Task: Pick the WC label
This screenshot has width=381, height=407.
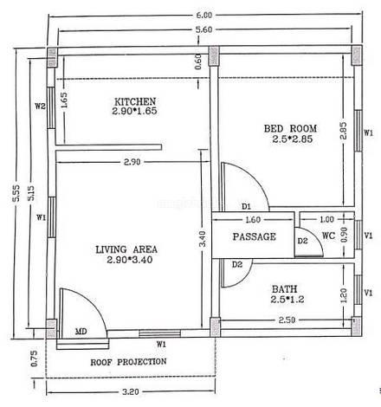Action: [328, 236]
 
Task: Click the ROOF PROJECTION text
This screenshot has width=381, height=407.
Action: [129, 361]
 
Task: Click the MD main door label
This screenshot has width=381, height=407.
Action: [81, 330]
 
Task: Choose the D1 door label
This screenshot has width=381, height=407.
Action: [246, 206]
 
